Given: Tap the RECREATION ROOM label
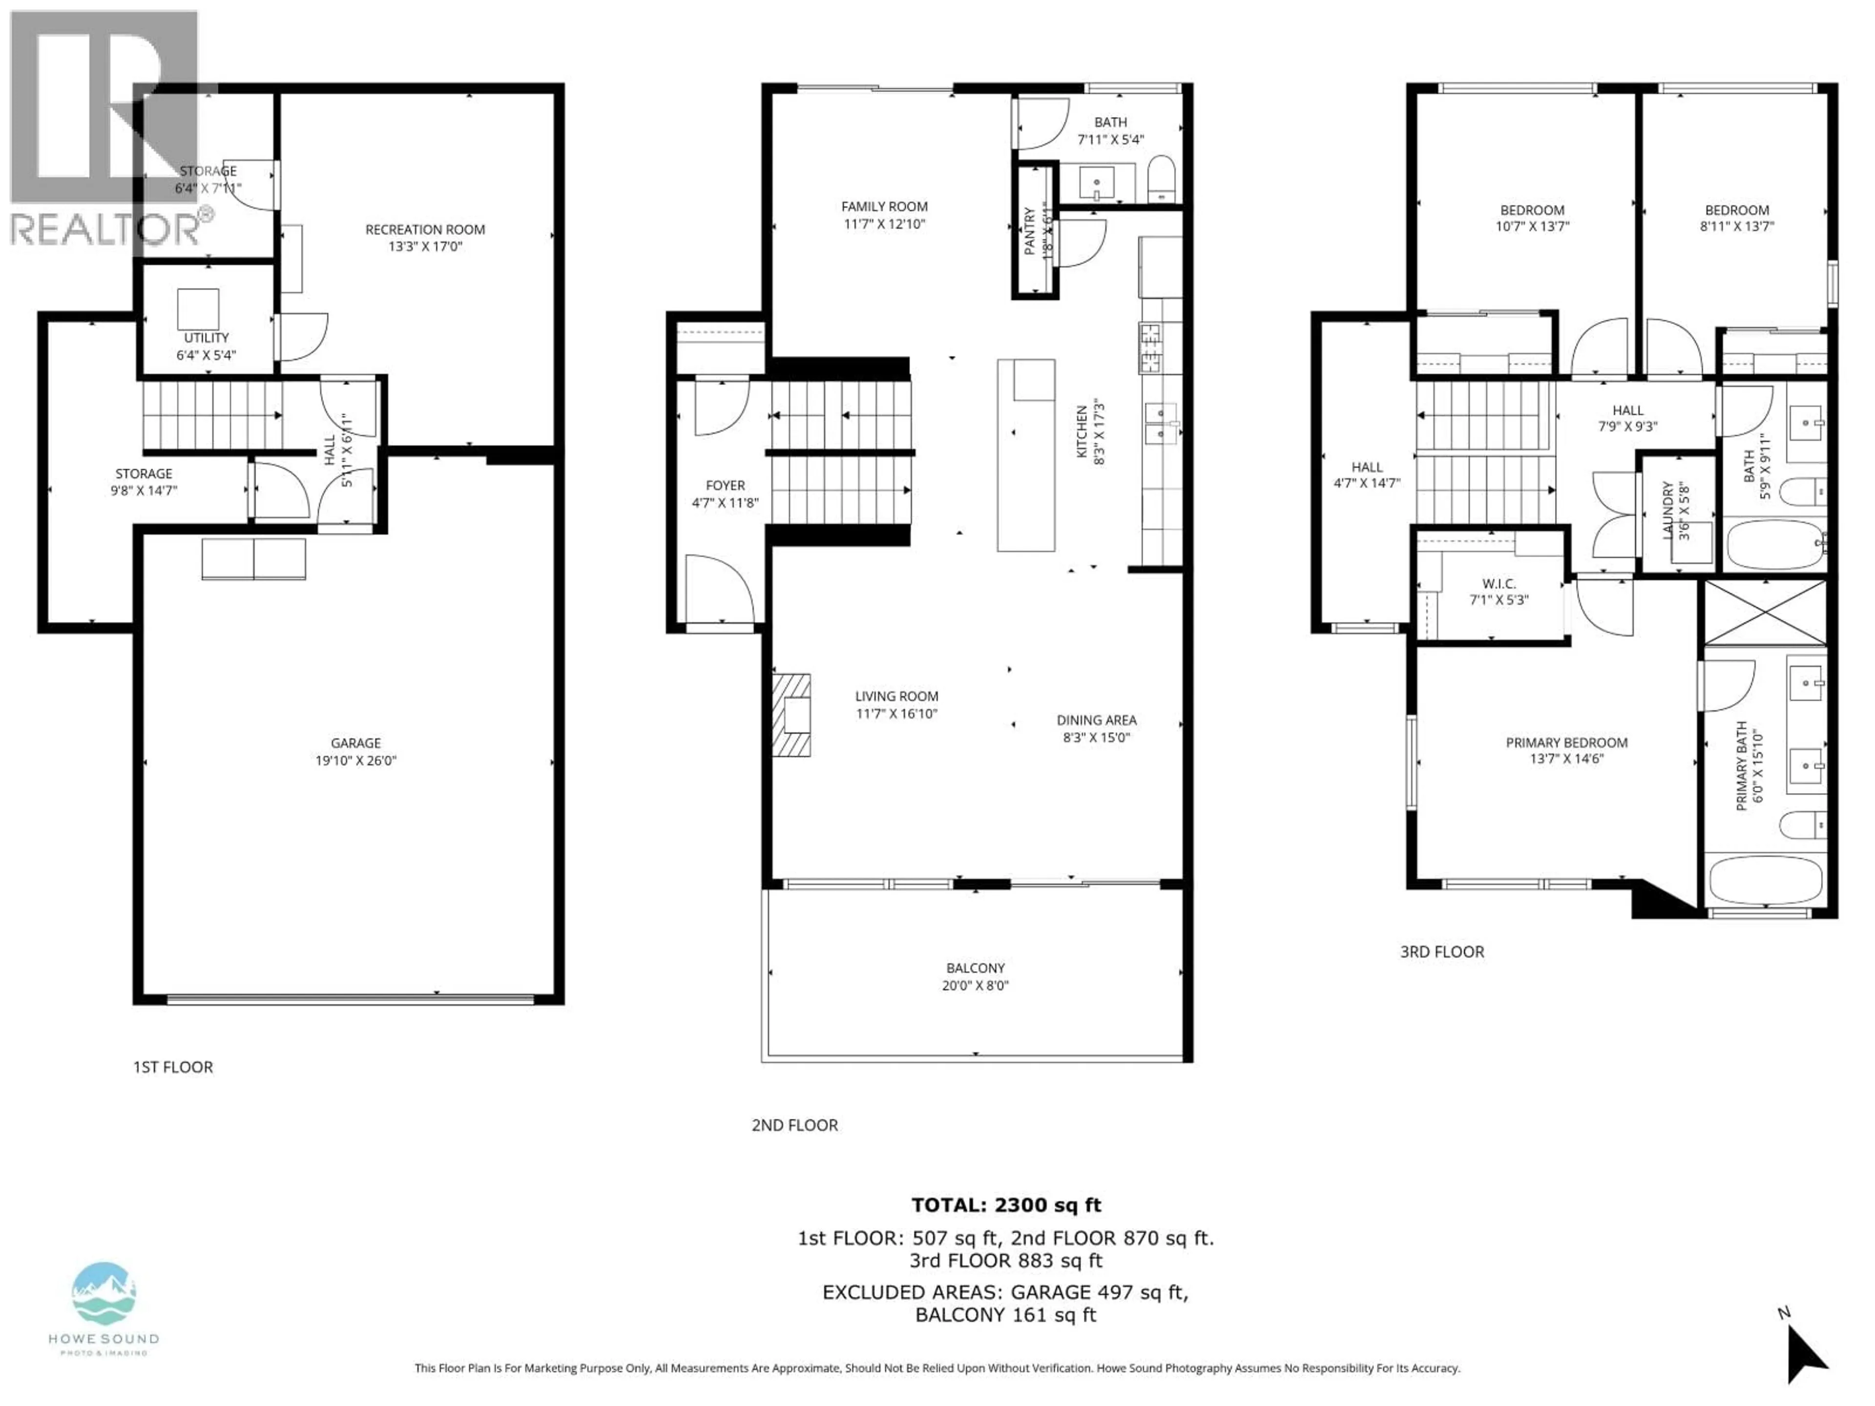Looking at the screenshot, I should pos(425,229).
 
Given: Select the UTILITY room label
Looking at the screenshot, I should pos(206,337).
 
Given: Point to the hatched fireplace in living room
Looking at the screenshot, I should pos(791,714).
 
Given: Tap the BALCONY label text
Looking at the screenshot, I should pos(976,968).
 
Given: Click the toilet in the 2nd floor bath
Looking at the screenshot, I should pos(1161,179).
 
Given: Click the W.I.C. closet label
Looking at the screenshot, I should pos(1499,584).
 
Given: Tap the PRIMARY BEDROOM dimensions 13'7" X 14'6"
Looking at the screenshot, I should pos(1566,759).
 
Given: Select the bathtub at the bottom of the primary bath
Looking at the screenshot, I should pos(1765,881).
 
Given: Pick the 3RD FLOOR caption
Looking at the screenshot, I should pos(1442,952).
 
